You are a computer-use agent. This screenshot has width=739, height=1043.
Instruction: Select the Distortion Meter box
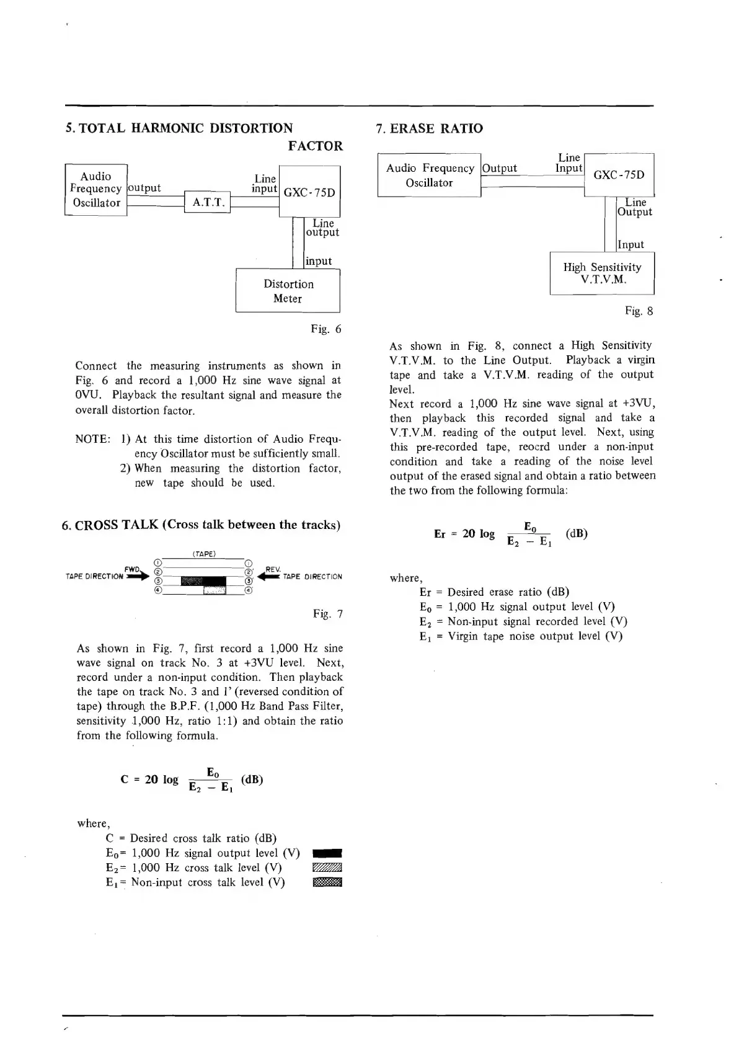[288, 291]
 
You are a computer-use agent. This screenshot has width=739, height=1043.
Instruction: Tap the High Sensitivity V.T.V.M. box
[602, 273]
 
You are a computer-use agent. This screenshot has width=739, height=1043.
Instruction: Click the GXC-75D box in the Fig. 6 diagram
[309, 192]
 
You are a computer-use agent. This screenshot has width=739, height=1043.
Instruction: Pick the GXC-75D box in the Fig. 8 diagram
[619, 174]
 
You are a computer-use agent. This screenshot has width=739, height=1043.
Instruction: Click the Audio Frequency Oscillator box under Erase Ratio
[429, 175]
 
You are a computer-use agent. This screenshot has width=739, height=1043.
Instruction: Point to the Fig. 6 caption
[326, 329]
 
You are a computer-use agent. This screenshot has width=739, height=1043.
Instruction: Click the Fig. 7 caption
[328, 614]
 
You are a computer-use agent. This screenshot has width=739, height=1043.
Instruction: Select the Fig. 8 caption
[639, 311]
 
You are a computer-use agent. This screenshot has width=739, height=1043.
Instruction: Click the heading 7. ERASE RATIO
[430, 128]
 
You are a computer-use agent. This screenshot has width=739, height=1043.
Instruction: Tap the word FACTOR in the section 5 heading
[315, 146]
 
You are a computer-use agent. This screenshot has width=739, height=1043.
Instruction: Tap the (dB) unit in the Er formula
[577, 533]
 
